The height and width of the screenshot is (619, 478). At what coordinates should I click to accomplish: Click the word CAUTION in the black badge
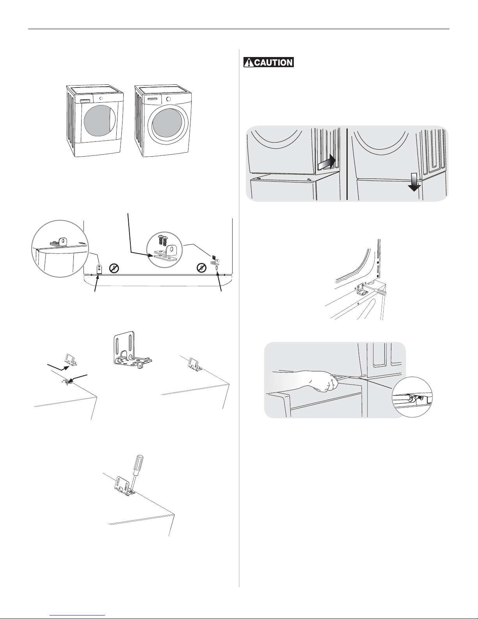(x=273, y=62)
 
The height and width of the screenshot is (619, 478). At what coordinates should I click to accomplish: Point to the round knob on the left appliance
(x=101, y=98)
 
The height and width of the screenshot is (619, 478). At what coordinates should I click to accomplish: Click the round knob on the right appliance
(x=169, y=99)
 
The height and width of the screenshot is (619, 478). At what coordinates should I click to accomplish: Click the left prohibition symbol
(x=114, y=268)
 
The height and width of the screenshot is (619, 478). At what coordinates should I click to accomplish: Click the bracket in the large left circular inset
(x=60, y=242)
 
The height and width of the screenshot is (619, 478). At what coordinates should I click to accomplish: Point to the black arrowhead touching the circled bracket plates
(x=151, y=255)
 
